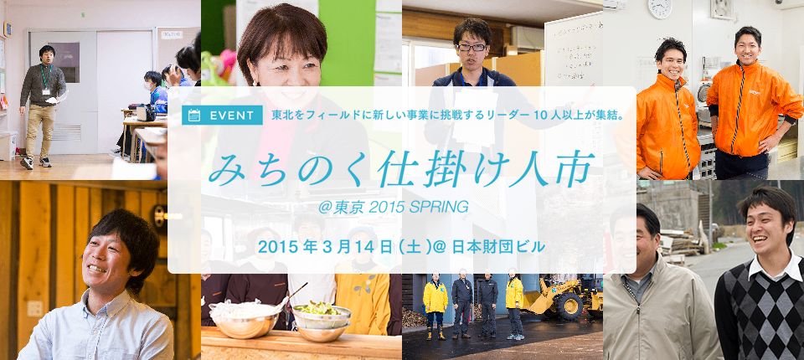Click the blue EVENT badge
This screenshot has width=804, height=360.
(x=222, y=116)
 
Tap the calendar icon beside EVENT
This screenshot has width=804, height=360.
(x=194, y=116)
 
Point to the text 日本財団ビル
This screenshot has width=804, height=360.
(x=497, y=247)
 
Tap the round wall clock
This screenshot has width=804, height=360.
(x=659, y=8)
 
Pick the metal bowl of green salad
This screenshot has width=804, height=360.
(x=322, y=316)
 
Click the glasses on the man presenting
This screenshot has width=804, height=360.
(x=472, y=47)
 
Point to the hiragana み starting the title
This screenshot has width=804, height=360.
(x=226, y=169)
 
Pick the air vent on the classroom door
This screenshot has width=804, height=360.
(x=66, y=131)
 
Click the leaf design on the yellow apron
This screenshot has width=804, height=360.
(x=367, y=285)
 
